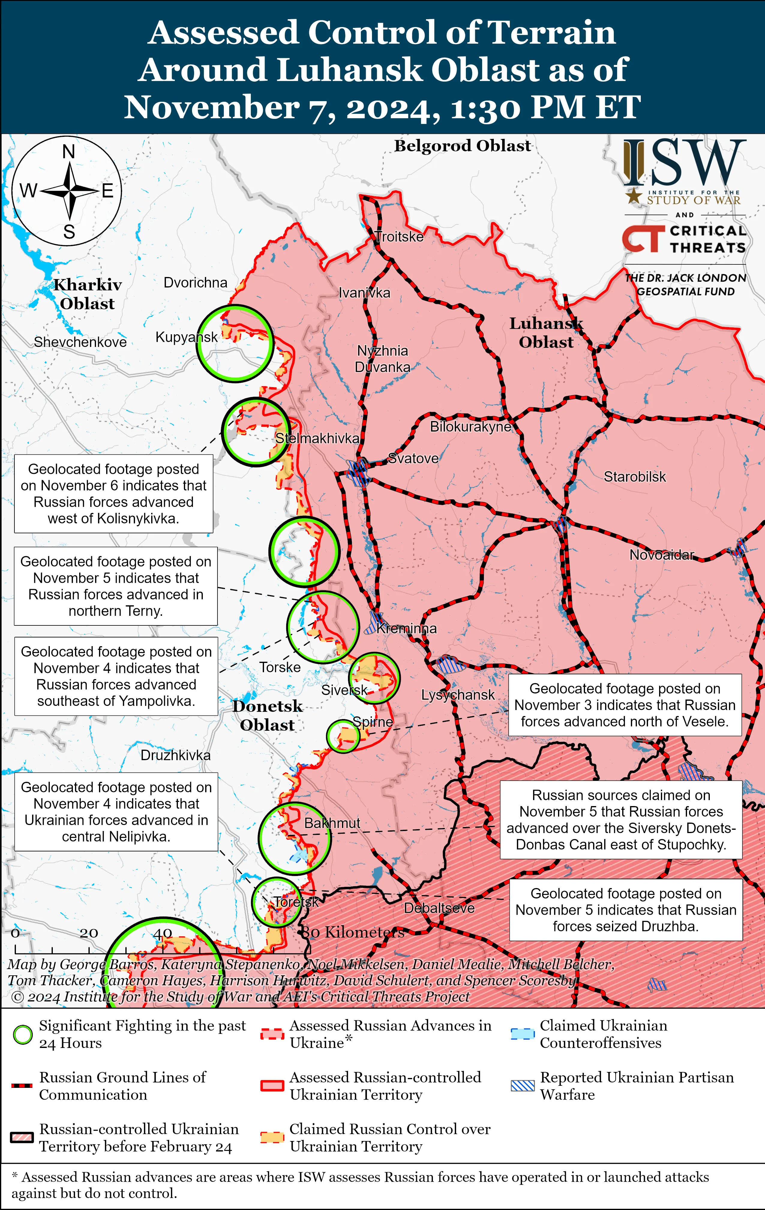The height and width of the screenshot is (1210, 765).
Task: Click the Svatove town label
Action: [x=413, y=458]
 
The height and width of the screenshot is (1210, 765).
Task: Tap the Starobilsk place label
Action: [x=634, y=476]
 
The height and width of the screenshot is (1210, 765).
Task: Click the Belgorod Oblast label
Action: [x=462, y=146]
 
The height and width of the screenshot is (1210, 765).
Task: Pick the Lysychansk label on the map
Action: [x=457, y=695]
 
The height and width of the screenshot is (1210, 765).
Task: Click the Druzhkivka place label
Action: [x=175, y=755]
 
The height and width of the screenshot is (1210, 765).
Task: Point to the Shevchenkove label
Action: [x=80, y=342]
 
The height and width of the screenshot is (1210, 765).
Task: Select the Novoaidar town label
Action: [x=661, y=555]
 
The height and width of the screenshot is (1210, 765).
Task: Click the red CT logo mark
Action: [x=641, y=238]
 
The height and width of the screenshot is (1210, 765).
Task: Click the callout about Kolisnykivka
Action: [x=113, y=493]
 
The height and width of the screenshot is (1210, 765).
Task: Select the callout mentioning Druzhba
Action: [x=625, y=910]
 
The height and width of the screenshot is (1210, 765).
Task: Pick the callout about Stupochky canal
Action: [x=621, y=820]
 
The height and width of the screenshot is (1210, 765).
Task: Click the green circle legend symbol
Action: [x=22, y=1035]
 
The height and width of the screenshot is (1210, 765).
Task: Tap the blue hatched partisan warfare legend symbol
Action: [x=522, y=1086]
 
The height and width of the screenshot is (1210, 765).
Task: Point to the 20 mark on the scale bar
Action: [x=89, y=933]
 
